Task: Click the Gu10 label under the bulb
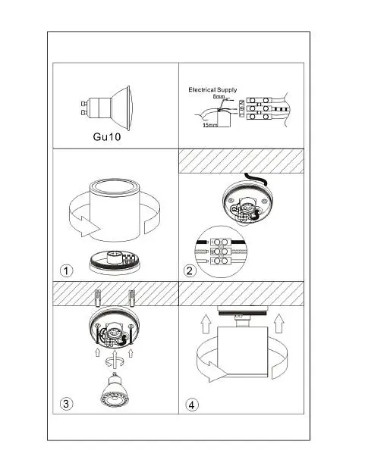click(x=107, y=136)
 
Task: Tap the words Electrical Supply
click(x=212, y=89)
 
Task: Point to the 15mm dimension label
click(x=210, y=124)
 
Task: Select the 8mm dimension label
click(x=219, y=97)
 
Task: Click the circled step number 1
click(x=66, y=270)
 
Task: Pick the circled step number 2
click(x=190, y=270)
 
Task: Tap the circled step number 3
click(x=66, y=404)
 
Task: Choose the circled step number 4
click(x=192, y=405)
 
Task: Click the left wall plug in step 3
click(x=98, y=298)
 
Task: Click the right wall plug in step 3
click(x=132, y=298)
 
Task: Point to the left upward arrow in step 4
click(x=206, y=324)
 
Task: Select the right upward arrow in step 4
click(x=279, y=323)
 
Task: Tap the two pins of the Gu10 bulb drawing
click(x=84, y=108)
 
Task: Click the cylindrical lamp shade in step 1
click(x=115, y=210)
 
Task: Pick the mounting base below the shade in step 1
click(x=115, y=262)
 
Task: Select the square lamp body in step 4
click(x=242, y=352)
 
